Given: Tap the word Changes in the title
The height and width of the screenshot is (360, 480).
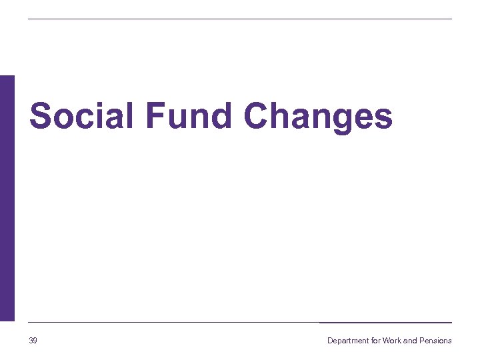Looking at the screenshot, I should [x=318, y=117].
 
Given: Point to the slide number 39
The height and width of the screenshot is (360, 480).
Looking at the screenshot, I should [x=33, y=341].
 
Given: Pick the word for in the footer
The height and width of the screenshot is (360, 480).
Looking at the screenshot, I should [x=376, y=341].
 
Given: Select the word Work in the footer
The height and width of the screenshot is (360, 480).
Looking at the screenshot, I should [x=392, y=341].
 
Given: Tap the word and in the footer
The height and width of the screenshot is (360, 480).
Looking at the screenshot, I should [x=410, y=341].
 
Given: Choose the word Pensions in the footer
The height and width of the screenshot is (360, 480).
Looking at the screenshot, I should [x=435, y=341].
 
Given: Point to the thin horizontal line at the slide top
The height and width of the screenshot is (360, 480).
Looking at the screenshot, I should [x=240, y=19].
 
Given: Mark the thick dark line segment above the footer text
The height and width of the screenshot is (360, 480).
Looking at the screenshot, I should [x=385, y=323].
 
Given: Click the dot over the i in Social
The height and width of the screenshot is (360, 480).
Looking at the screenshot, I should [x=102, y=104].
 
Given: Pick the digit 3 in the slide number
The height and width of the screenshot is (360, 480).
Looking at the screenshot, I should [x=31, y=341].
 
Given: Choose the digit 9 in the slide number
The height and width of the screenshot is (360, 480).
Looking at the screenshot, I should [x=35, y=341].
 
